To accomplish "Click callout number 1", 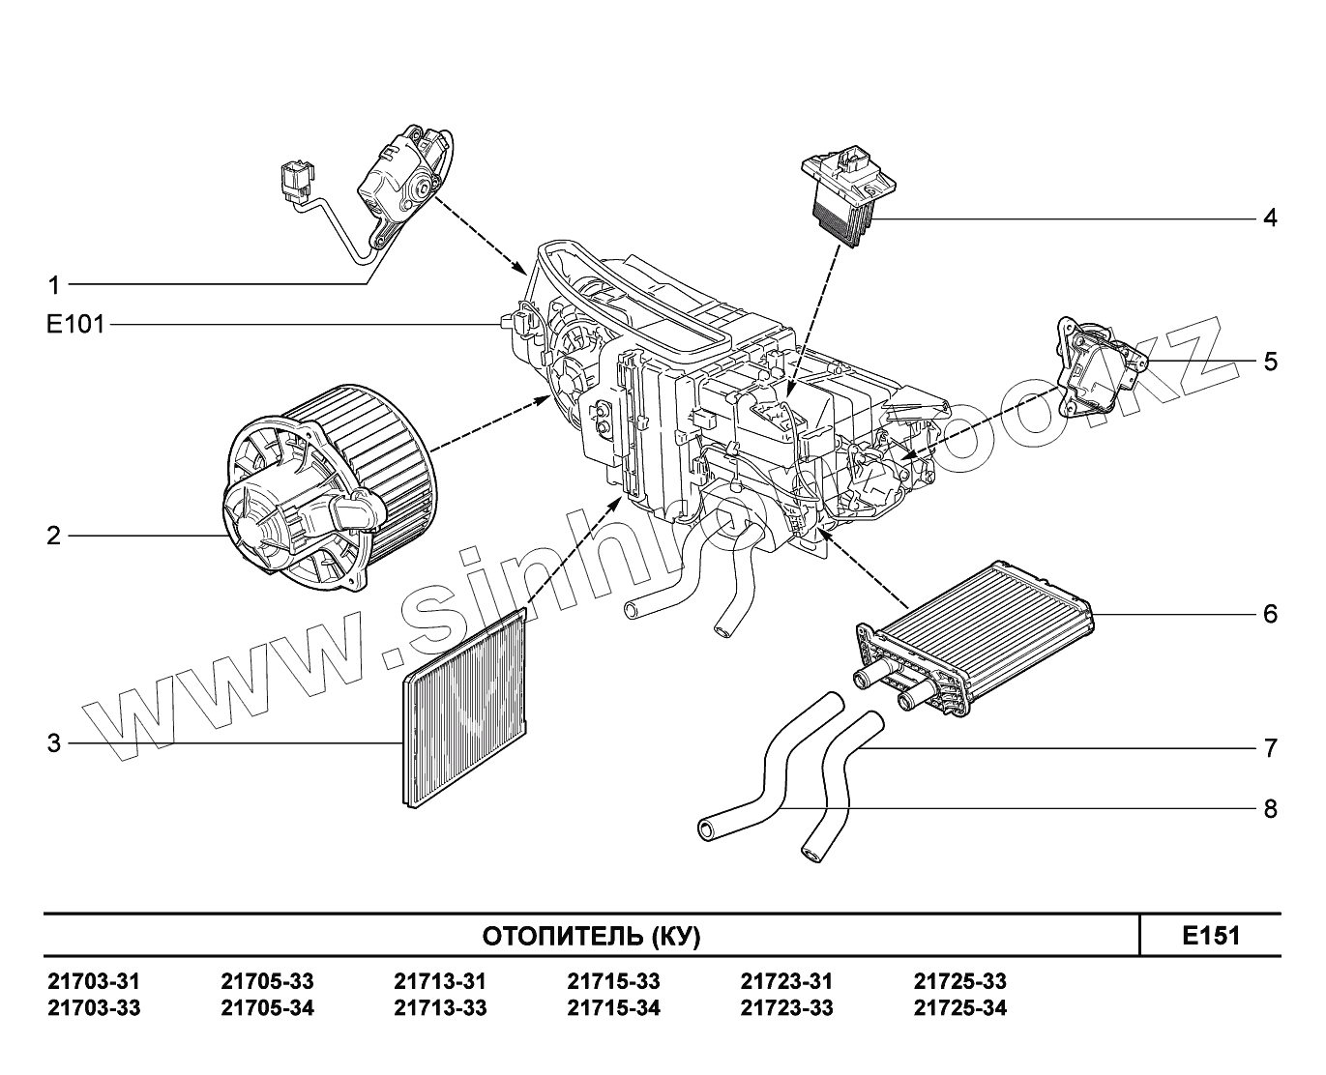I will [54, 285].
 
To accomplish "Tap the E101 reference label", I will [74, 325].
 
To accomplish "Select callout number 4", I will [1270, 218].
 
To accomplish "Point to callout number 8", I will [1270, 808].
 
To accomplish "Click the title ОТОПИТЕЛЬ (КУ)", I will [591, 937].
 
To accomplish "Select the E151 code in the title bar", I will [1210, 936].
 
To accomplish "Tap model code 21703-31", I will [94, 982].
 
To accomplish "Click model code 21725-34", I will [959, 1008].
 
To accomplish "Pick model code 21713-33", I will [440, 1008].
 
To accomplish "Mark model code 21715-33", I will [613, 982].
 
